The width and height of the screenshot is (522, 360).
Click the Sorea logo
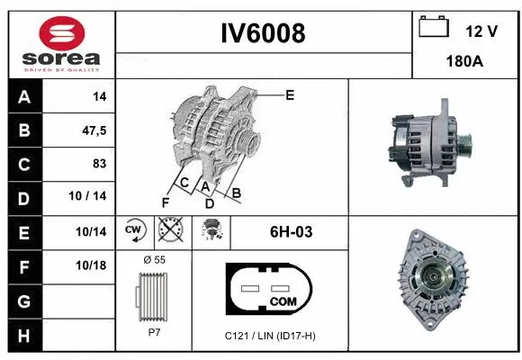pyautogui.click(x=59, y=44)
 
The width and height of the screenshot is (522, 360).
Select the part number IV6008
pyautogui.click(x=264, y=34)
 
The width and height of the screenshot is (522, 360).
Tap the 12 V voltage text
pyautogui.click(x=481, y=31)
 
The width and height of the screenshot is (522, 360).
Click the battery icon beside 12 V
pyautogui.click(x=436, y=28)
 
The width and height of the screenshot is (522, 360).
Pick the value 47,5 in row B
pyautogui.click(x=94, y=130)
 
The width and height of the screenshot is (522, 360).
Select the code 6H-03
pyautogui.click(x=291, y=232)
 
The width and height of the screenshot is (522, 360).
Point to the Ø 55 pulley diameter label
pyautogui.click(x=154, y=259)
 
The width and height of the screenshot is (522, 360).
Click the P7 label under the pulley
pyautogui.click(x=154, y=332)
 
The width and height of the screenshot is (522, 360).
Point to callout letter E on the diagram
pyautogui.click(x=290, y=94)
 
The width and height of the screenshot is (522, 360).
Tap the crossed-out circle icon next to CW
pyautogui.click(x=167, y=232)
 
